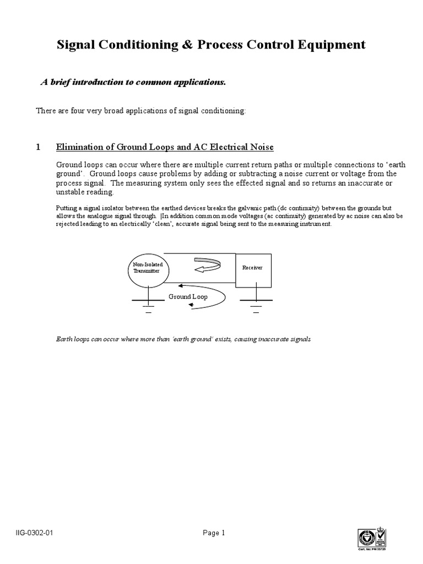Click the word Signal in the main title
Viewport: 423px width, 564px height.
[x=77, y=45]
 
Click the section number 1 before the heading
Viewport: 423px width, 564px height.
[x=38, y=147]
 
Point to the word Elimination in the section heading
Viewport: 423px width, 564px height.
[x=78, y=147]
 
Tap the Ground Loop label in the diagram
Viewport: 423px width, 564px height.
[x=188, y=296]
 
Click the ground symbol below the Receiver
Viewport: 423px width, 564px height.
[x=256, y=305]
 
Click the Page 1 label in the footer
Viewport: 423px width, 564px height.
[x=214, y=533]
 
